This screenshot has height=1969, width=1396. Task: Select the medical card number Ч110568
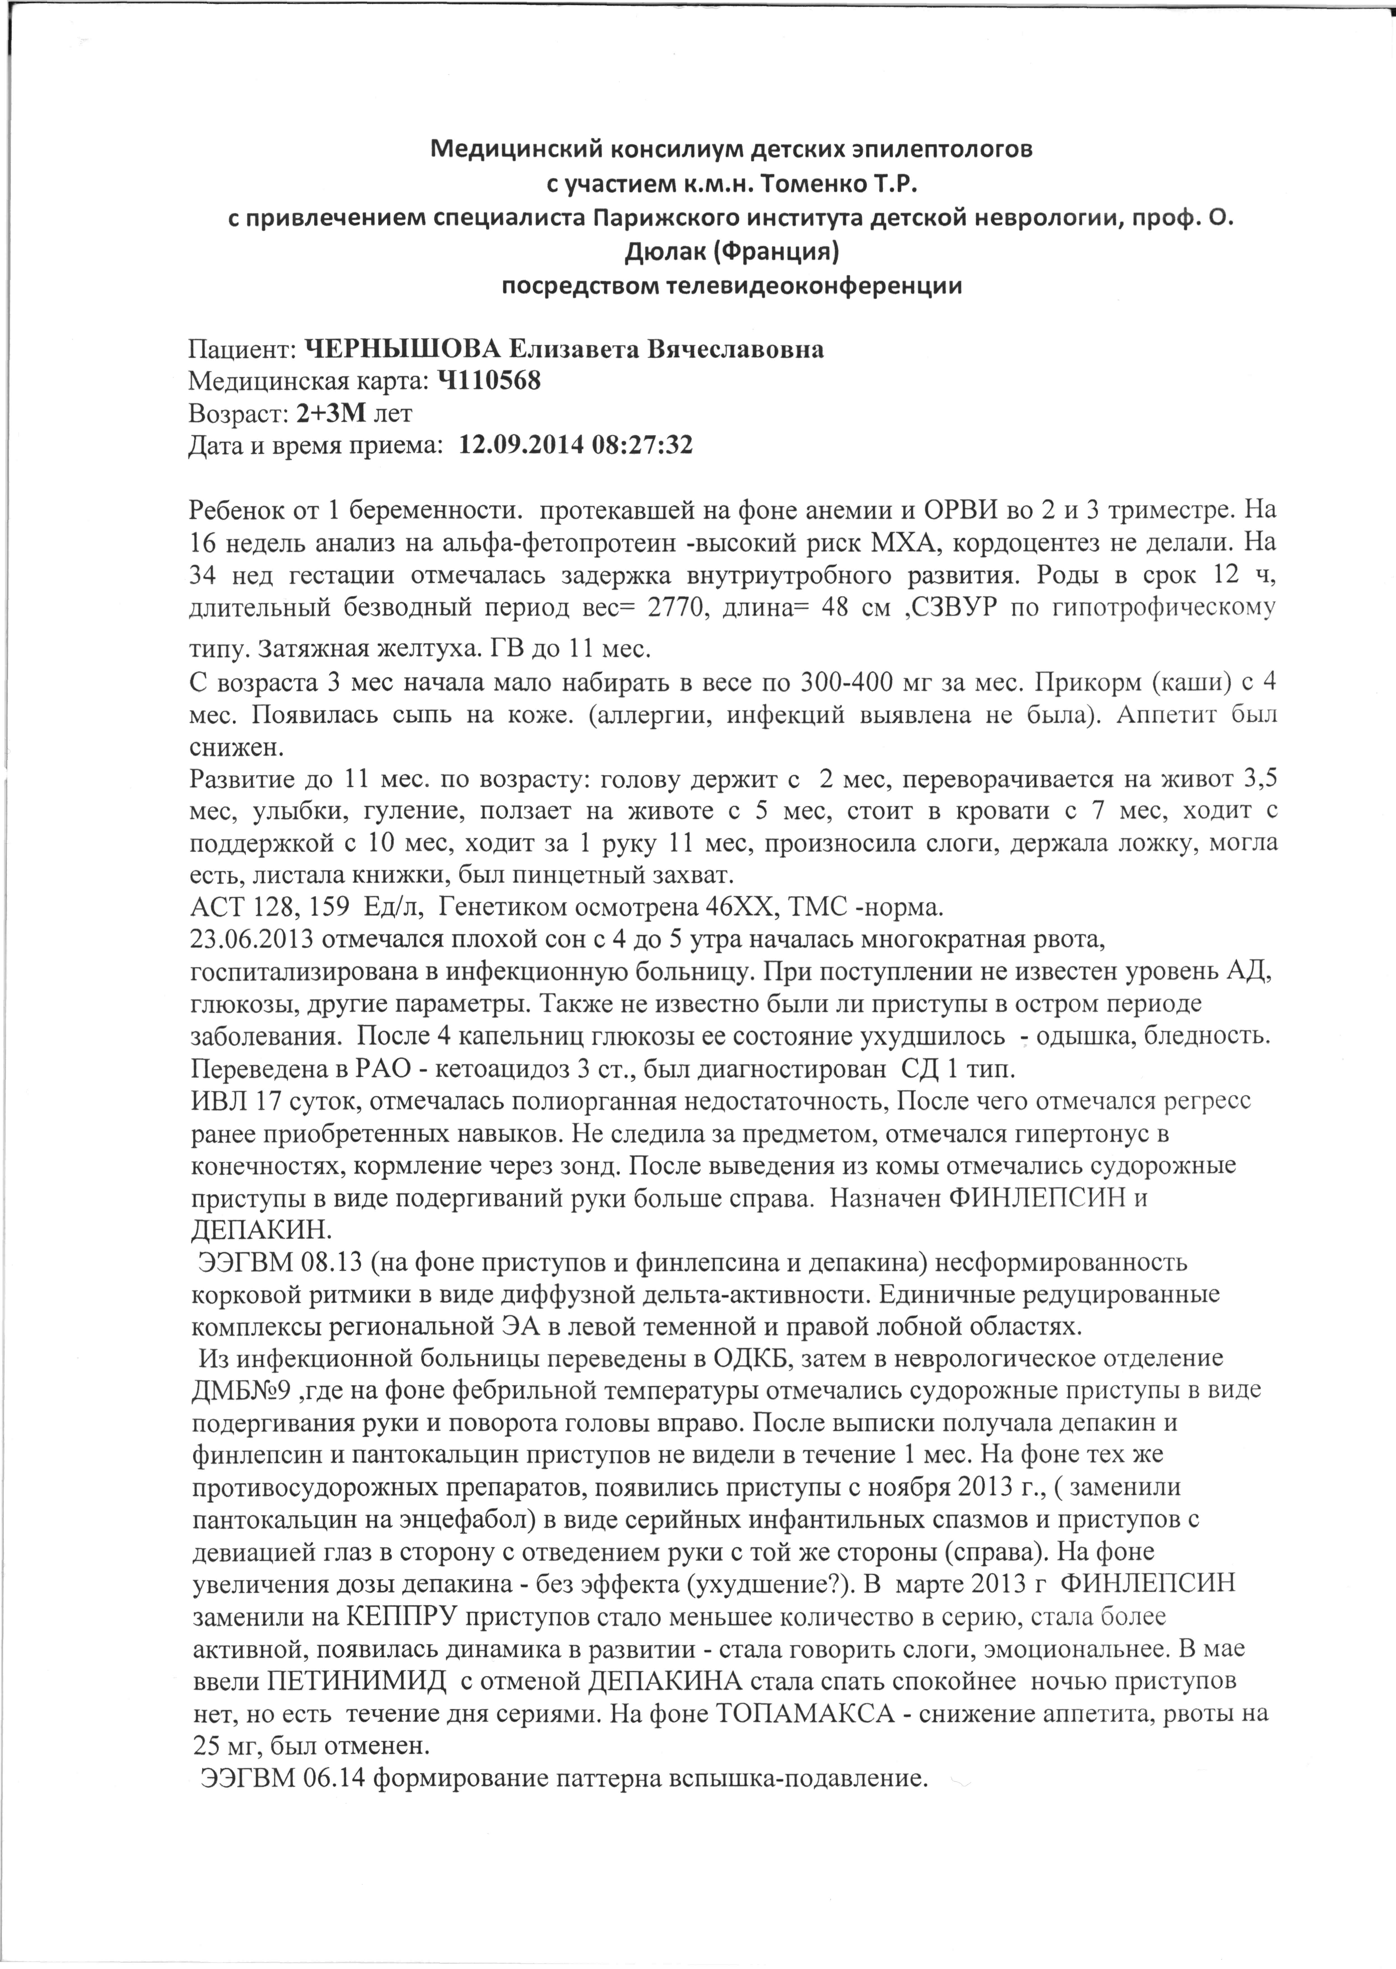tap(489, 382)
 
